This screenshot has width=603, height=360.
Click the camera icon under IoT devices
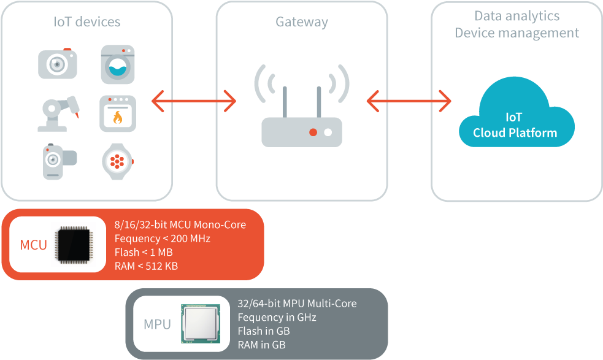coord(58,63)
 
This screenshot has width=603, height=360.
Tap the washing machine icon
coord(117,64)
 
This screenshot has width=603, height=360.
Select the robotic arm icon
coord(57,113)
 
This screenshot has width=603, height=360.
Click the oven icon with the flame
coord(117,113)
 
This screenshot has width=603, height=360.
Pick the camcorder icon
coord(58,162)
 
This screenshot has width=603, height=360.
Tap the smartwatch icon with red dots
coord(117,161)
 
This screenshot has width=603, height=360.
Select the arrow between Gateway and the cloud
coord(409,100)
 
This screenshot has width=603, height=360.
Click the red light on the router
coord(313,132)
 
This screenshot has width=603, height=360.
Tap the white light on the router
coord(328,132)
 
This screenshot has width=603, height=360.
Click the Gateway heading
coord(301,22)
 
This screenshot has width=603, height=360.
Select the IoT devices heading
coord(86,22)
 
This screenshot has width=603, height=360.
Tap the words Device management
coord(517,33)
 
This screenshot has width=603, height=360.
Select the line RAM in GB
coord(261,345)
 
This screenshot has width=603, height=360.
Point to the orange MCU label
coord(33,245)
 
